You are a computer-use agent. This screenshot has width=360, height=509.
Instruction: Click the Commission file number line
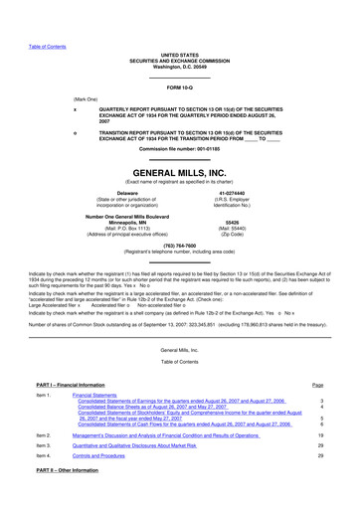click(x=179, y=148)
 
